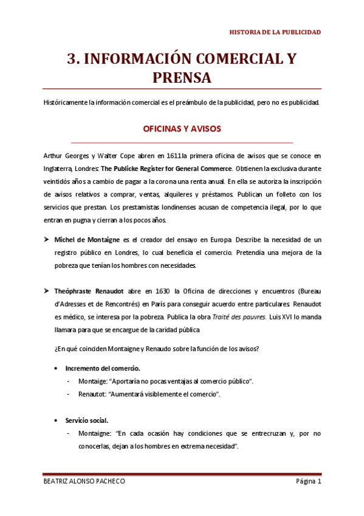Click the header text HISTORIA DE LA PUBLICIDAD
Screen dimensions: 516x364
(274, 32)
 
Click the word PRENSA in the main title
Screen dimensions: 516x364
(182, 78)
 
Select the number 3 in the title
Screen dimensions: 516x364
(72, 58)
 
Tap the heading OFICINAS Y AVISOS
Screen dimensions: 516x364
(182, 129)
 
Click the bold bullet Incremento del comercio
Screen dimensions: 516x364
(103, 368)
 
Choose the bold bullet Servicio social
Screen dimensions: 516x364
(88, 420)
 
